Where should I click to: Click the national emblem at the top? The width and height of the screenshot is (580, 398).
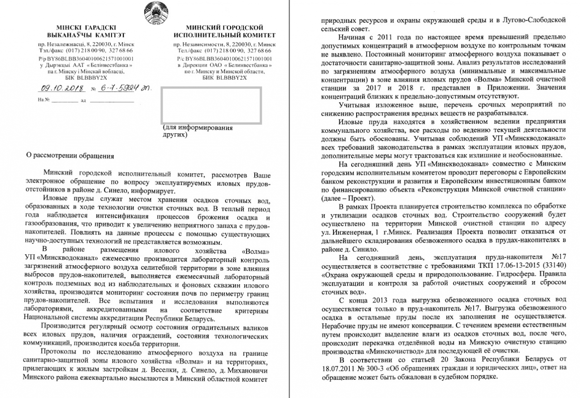pyautogui.click(x=154, y=13)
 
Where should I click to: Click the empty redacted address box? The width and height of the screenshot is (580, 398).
pyautogui.click(x=211, y=106)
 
